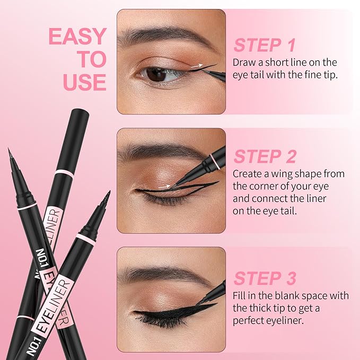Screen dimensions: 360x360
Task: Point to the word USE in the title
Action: [x=85, y=82]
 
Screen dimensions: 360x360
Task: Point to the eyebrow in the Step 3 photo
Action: [x=159, y=275]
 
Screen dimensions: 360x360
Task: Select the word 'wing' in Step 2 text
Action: [x=282, y=174]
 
